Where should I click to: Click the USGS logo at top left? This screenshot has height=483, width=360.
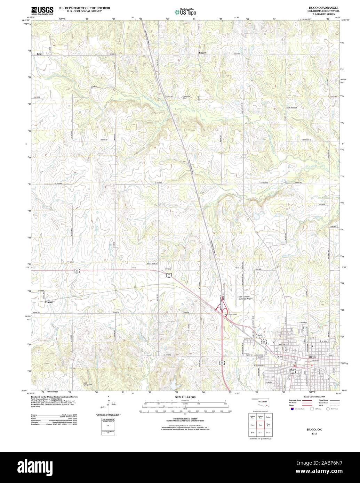pyautogui.click(x=42, y=10)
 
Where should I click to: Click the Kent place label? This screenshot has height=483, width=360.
pyautogui.click(x=39, y=54)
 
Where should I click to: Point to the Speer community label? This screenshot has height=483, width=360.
pyautogui.click(x=202, y=53)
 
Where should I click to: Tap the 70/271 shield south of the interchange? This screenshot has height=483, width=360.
pyautogui.click(x=222, y=363)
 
